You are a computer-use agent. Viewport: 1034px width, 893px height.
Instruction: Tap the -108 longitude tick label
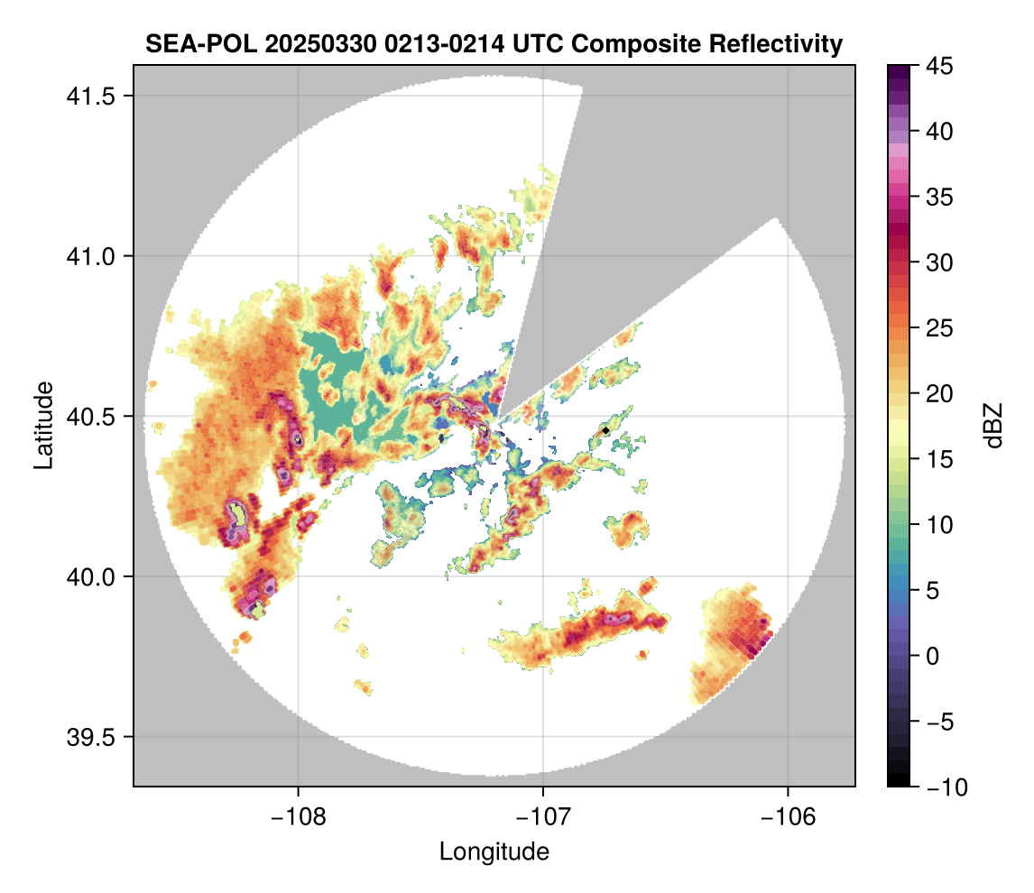pos(298,817)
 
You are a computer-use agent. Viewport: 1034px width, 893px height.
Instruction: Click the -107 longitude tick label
pos(543,817)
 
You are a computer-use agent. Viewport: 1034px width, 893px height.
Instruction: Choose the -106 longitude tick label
pos(789,817)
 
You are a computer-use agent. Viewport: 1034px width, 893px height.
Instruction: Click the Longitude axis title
pos(494,851)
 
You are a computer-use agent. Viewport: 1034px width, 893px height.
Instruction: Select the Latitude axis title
pos(42,425)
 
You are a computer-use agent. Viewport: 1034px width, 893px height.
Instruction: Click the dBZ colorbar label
pos(993,425)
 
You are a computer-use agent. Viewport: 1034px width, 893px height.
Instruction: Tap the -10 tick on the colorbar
pos(940,787)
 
